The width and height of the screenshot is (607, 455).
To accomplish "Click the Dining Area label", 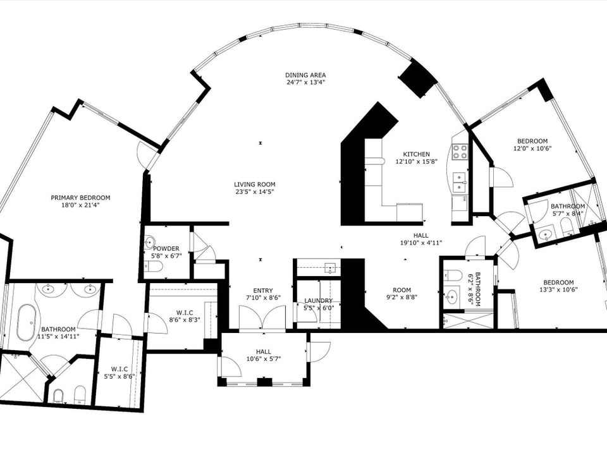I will (x=305, y=75).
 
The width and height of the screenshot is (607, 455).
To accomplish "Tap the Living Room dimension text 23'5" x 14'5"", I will (x=254, y=191).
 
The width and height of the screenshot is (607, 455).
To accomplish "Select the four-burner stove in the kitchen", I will (x=460, y=152).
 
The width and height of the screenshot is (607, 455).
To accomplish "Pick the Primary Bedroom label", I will (x=80, y=197).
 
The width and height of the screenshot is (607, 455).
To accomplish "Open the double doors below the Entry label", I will (x=262, y=318).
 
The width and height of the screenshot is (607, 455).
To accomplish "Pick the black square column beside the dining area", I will (x=418, y=79).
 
